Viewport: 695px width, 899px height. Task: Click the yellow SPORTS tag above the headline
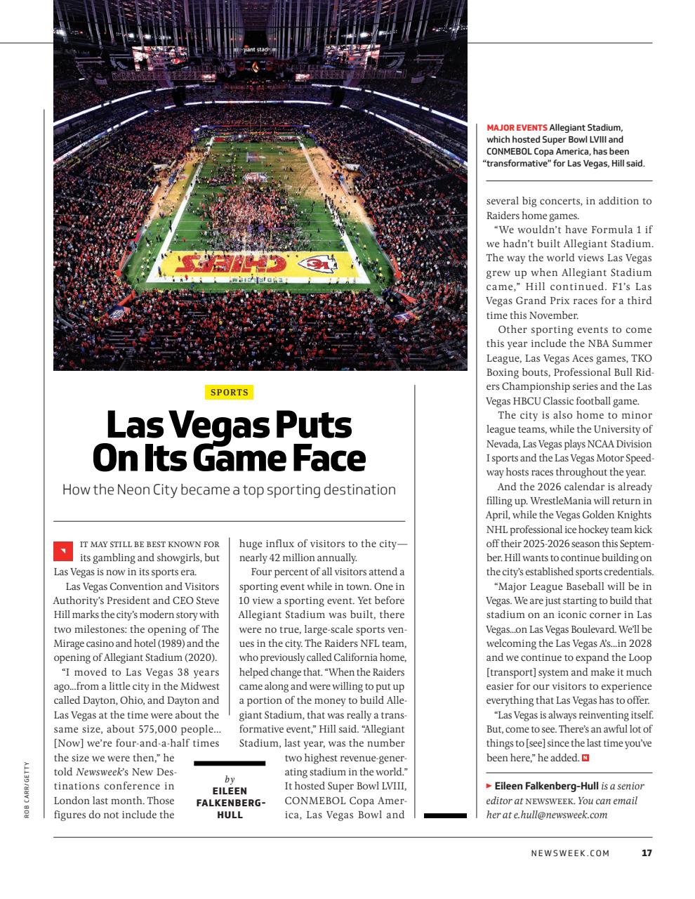(x=229, y=393)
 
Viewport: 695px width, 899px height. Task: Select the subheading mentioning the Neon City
(x=229, y=490)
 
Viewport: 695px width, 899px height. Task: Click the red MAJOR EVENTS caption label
(x=517, y=127)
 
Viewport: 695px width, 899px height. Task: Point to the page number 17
(x=647, y=853)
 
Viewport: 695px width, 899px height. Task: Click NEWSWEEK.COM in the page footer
(x=570, y=853)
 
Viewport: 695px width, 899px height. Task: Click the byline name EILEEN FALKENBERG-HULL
(x=230, y=803)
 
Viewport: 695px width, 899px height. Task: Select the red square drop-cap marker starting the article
(x=62, y=551)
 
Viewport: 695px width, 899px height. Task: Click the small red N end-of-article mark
(x=585, y=758)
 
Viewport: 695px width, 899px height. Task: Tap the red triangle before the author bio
(x=489, y=786)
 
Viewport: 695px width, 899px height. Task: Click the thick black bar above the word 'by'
(x=229, y=763)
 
